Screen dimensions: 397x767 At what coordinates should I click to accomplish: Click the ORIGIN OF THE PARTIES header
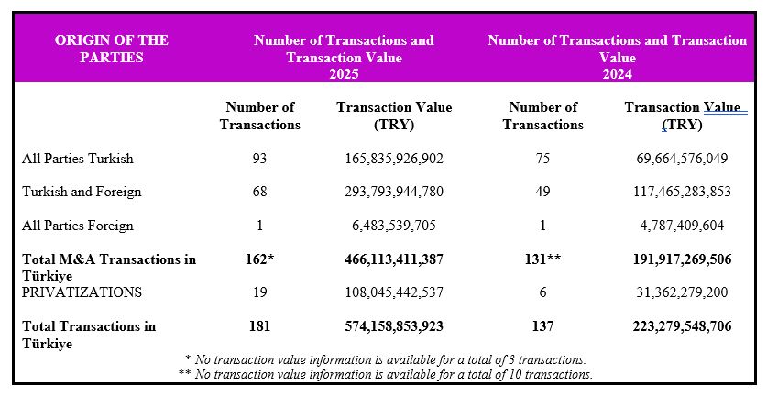pos(111,49)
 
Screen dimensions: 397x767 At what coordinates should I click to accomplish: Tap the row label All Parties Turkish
pos(78,159)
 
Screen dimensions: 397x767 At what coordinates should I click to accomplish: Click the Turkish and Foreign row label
pos(82,193)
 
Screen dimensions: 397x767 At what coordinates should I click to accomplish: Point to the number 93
pos(260,159)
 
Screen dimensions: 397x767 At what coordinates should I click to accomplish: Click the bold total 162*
pos(260,259)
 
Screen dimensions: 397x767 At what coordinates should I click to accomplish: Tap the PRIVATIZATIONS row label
pos(82,292)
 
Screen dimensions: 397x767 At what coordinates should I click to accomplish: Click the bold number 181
pos(260,326)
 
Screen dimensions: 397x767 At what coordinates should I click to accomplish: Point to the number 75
pos(542,159)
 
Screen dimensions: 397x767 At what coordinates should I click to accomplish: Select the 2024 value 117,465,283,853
pos(682,193)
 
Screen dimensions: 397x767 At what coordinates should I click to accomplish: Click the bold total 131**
pos(542,259)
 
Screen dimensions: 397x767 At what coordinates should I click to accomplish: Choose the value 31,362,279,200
pos(682,292)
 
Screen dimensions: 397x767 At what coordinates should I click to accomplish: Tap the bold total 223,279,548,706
pos(682,326)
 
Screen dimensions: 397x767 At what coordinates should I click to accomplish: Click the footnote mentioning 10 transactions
pos(385,374)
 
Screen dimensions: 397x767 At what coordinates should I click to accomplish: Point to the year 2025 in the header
pos(344,74)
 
